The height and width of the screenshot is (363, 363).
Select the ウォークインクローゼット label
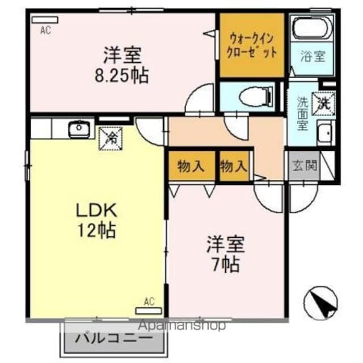click(252, 45)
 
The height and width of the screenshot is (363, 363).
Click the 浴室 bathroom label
click(313, 56)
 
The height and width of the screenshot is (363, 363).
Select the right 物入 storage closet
click(234, 167)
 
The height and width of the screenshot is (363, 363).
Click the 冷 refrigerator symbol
click(111, 136)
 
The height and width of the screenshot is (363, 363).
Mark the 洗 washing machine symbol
click(324, 102)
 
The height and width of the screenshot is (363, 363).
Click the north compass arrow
click(322, 303)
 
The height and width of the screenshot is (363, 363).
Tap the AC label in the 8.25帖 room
click(45, 31)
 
